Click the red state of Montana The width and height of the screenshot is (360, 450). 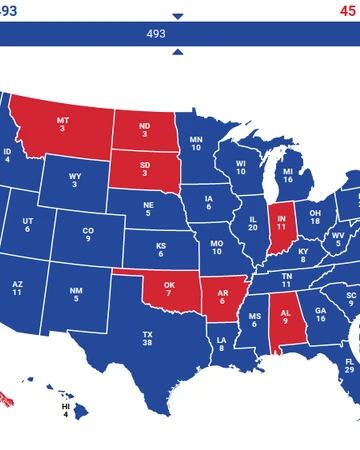(63, 125)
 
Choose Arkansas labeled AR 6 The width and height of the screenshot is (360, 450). (223, 297)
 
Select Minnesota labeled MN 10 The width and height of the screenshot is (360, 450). (196, 143)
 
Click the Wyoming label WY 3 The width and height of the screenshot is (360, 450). (75, 181)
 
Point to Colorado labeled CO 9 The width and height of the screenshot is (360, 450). (88, 236)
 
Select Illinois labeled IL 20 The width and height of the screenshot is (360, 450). (253, 223)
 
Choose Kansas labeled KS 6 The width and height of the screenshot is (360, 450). (160, 248)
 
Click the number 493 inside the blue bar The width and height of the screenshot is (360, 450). (156, 33)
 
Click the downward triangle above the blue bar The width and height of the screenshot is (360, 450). (178, 16)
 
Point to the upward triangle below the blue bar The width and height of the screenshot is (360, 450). (178, 51)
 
